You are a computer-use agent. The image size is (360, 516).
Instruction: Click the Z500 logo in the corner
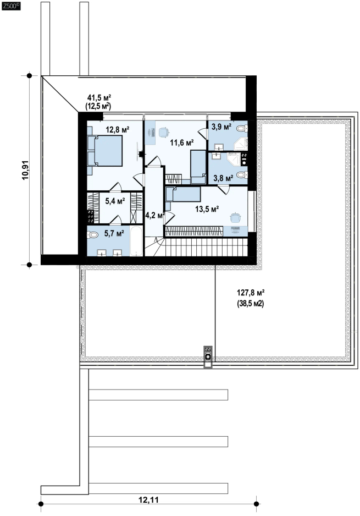(x=11, y=6)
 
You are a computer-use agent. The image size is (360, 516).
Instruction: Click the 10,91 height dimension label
(x=26, y=170)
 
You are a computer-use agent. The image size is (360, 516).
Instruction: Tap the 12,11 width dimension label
(x=148, y=500)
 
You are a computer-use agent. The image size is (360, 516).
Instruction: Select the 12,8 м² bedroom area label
(x=118, y=130)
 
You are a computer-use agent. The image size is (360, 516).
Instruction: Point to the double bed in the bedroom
(x=105, y=150)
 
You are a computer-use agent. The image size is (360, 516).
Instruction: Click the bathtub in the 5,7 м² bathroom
(x=136, y=241)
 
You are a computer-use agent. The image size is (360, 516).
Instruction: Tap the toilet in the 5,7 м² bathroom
(x=93, y=235)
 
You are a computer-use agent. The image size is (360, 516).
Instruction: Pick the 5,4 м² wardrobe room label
(x=115, y=201)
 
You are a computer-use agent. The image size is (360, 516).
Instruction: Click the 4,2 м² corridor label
(x=155, y=215)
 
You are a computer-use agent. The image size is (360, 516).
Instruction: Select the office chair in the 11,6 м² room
(x=163, y=131)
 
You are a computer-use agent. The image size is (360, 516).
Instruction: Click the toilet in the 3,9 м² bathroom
(x=243, y=128)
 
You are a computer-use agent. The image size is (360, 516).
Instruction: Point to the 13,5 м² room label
(x=207, y=208)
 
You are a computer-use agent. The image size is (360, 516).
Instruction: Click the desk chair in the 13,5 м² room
(x=235, y=217)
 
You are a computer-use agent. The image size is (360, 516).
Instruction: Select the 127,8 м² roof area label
(x=251, y=292)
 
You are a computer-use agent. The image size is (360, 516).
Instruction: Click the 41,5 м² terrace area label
(x=99, y=97)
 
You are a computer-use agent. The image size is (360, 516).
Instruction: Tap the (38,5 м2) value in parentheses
(x=251, y=304)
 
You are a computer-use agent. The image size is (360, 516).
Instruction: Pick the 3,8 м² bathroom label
(x=223, y=178)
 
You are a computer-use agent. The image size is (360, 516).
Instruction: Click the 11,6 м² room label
(x=182, y=142)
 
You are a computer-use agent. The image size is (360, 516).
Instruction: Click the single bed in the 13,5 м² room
(x=183, y=194)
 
